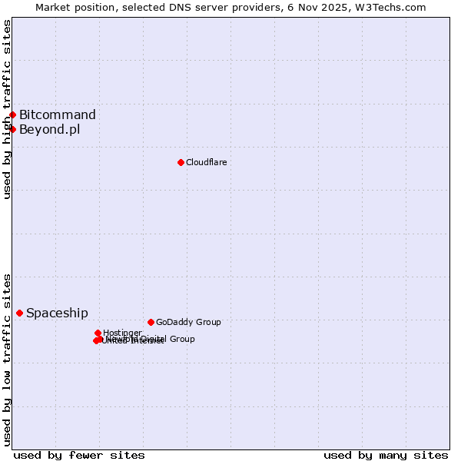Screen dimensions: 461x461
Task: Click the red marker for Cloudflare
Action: pos(181,162)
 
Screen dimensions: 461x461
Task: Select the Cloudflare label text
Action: pos(206,162)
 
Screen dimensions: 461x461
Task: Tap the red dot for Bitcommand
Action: pos(12,115)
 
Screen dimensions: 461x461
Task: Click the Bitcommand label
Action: pos(58,115)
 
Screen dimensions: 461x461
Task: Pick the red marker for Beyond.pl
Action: pos(12,129)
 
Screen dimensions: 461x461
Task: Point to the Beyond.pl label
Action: pos(49,129)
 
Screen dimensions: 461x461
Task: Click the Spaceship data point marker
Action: pos(19,313)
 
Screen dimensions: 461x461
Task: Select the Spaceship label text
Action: pos(57,313)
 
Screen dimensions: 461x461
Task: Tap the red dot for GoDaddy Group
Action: pos(151,322)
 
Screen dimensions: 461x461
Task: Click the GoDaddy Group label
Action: pos(188,322)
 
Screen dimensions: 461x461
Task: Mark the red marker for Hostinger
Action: pos(98,333)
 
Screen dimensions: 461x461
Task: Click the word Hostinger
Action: pos(122,333)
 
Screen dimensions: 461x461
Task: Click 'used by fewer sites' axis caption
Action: pos(79,455)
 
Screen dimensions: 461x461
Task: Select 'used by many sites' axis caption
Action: pos(386,455)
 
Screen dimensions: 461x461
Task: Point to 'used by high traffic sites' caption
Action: pos(7,109)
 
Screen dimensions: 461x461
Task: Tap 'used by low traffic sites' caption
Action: pos(7,360)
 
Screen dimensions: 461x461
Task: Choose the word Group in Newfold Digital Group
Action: pos(181,339)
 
